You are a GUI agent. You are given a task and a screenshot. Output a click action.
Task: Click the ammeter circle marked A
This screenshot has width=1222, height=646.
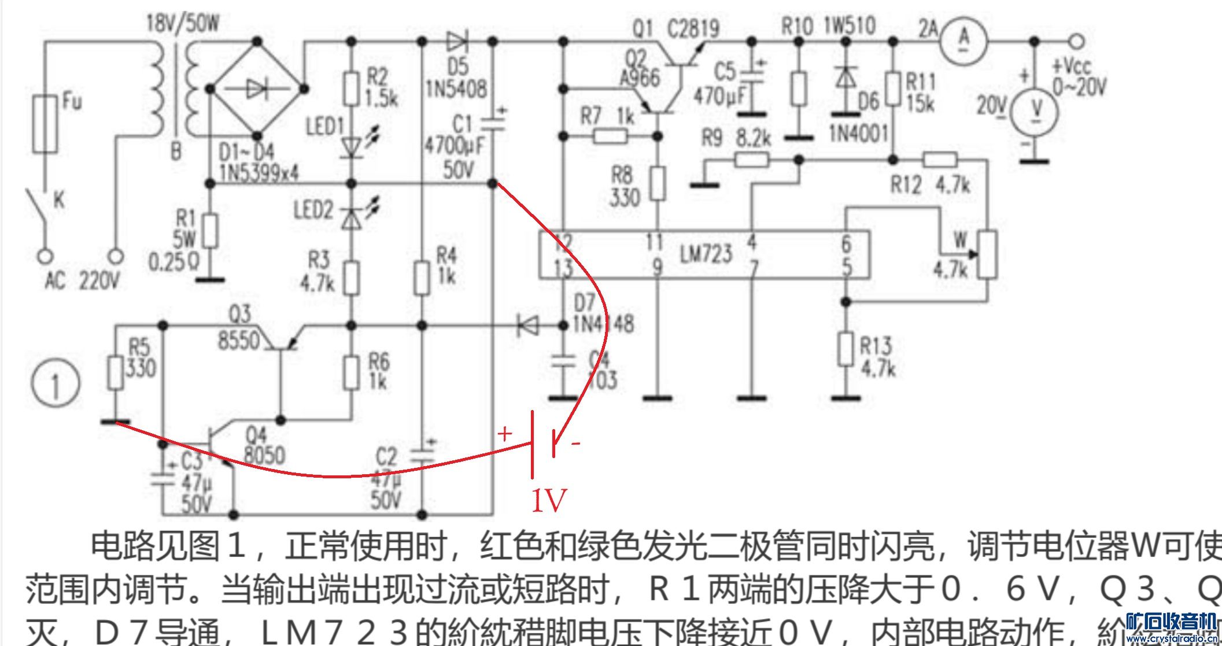963,40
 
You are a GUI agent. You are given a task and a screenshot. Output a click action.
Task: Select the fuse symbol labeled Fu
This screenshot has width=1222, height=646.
45,124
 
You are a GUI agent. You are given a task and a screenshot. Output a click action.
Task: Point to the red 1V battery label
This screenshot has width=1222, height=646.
548,500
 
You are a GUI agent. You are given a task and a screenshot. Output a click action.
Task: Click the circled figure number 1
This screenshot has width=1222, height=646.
55,385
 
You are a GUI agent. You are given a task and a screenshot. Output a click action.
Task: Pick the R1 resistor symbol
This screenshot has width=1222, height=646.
211,231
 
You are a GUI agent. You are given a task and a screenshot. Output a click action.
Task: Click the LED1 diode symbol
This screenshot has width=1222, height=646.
351,147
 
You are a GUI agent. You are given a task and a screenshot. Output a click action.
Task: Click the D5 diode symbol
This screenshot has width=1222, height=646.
457,41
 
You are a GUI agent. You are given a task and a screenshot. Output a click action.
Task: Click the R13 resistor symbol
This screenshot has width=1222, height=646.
846,349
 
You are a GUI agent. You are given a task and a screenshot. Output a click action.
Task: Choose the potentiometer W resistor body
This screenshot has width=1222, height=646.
988,255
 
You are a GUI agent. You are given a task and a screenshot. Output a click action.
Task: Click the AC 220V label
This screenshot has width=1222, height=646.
83,282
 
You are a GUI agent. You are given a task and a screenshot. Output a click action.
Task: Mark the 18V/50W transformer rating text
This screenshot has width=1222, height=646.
183,23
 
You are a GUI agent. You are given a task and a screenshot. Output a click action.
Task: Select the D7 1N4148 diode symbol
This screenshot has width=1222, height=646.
527,326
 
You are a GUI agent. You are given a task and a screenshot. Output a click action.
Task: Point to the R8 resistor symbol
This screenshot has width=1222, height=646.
658,183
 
